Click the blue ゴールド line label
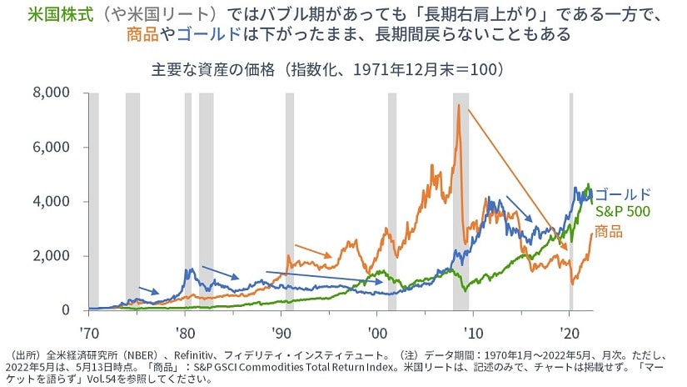(624, 193)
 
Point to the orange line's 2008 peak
(457, 106)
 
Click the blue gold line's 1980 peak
(191, 269)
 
